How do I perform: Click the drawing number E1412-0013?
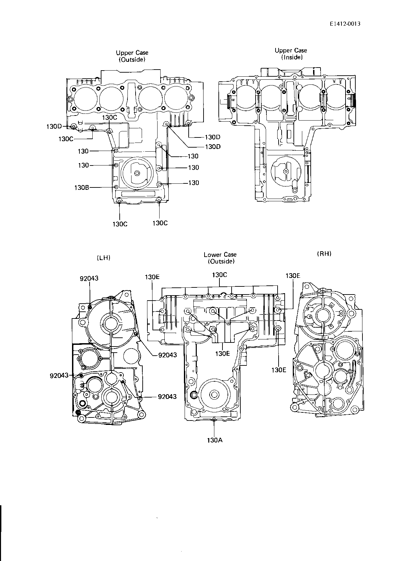[x=345, y=24]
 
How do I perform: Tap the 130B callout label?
[x=82, y=187]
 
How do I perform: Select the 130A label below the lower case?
[x=215, y=440]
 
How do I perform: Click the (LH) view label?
[x=103, y=258]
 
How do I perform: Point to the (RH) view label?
[x=324, y=254]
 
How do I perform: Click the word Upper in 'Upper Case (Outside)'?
[x=125, y=53]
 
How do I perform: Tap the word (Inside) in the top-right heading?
[x=292, y=57]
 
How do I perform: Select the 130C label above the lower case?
[x=219, y=275]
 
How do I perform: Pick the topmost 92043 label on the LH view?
[x=89, y=278]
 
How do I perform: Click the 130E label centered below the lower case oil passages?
[x=222, y=353]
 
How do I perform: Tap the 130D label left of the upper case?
[x=54, y=126]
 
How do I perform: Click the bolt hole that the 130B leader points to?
[x=116, y=187]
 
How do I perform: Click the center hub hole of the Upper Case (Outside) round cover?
[x=137, y=173]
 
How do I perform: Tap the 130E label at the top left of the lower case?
[x=152, y=277]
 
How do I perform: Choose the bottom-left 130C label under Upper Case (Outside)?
[x=120, y=224]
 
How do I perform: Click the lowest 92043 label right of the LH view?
[x=167, y=397]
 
